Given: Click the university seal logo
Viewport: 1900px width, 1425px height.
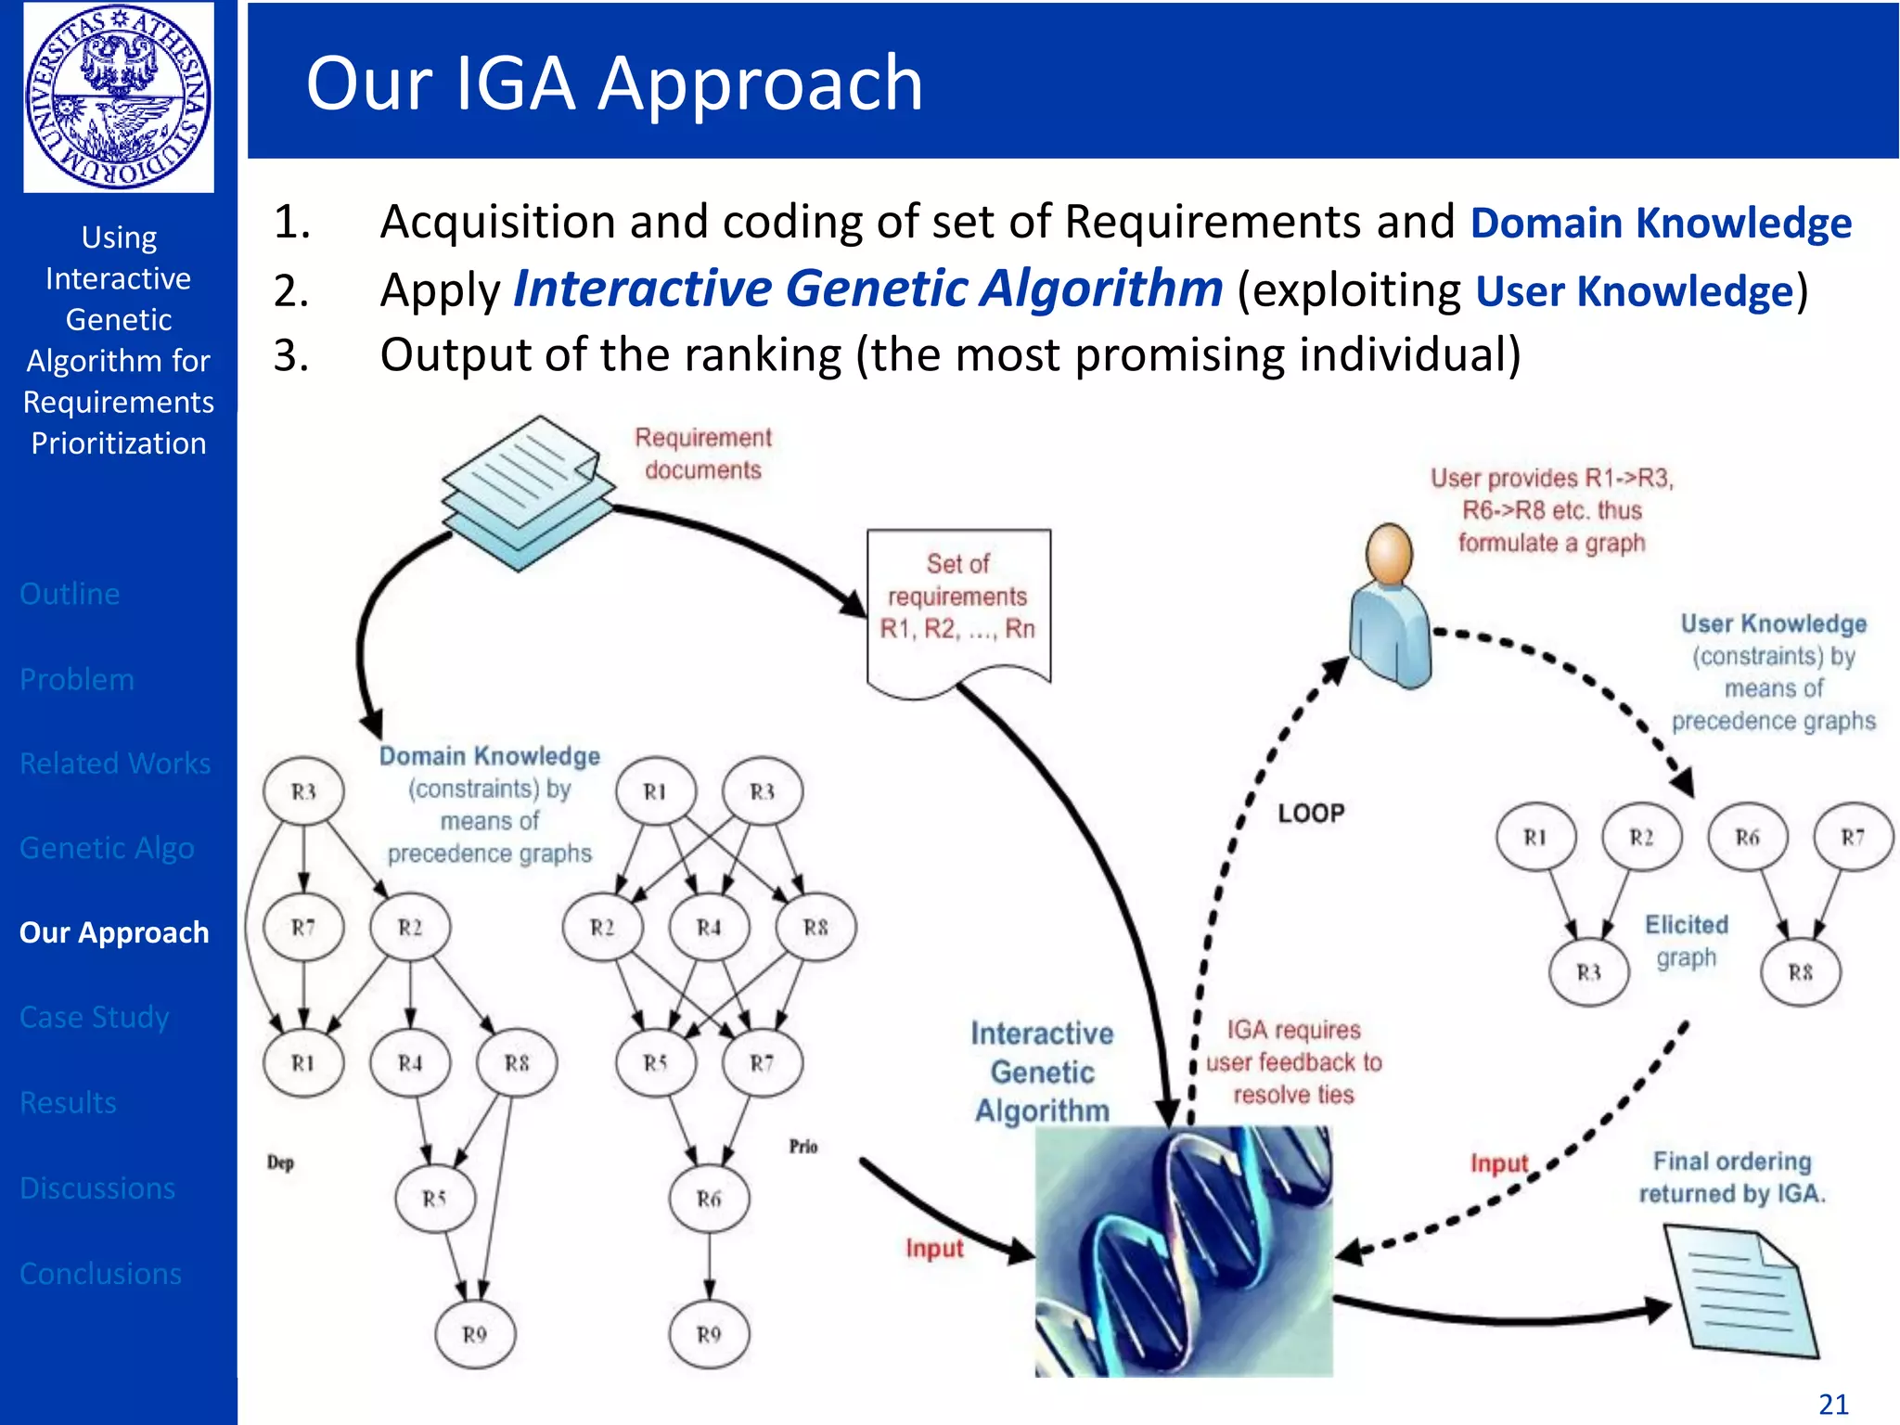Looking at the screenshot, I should [x=119, y=97].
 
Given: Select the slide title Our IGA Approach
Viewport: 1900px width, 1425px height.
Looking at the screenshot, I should [x=614, y=83].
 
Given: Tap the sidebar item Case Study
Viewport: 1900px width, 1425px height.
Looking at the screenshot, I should [x=95, y=1017].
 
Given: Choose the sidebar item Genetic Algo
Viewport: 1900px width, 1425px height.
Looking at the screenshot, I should [x=107, y=848].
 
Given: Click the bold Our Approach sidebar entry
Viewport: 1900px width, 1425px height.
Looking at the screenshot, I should [x=114, y=932].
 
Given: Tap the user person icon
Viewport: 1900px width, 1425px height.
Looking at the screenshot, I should [x=1389, y=608].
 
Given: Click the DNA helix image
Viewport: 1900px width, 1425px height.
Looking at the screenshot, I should [x=1183, y=1251].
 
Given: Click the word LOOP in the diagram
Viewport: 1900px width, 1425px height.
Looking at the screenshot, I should [x=1311, y=814].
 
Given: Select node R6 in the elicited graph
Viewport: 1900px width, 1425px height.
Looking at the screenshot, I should [x=1747, y=838].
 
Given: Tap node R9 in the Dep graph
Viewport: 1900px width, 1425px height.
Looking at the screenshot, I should [x=474, y=1334].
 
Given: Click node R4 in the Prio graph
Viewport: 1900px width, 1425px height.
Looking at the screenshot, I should [x=709, y=927].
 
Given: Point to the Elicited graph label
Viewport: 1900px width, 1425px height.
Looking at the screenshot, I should [x=1687, y=941].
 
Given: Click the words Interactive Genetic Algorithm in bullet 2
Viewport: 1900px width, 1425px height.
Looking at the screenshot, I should [x=867, y=289].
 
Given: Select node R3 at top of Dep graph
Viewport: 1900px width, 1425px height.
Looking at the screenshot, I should [x=303, y=791].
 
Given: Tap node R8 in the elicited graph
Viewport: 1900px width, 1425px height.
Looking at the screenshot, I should [x=1800, y=972].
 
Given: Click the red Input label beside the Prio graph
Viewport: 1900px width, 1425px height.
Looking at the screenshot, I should [x=934, y=1249].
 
